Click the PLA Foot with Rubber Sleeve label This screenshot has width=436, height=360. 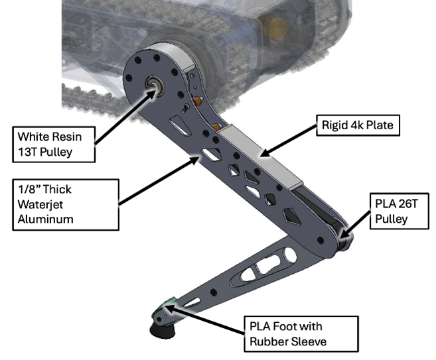(301, 333)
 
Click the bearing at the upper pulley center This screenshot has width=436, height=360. (157, 87)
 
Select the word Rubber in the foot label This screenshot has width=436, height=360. (271, 341)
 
